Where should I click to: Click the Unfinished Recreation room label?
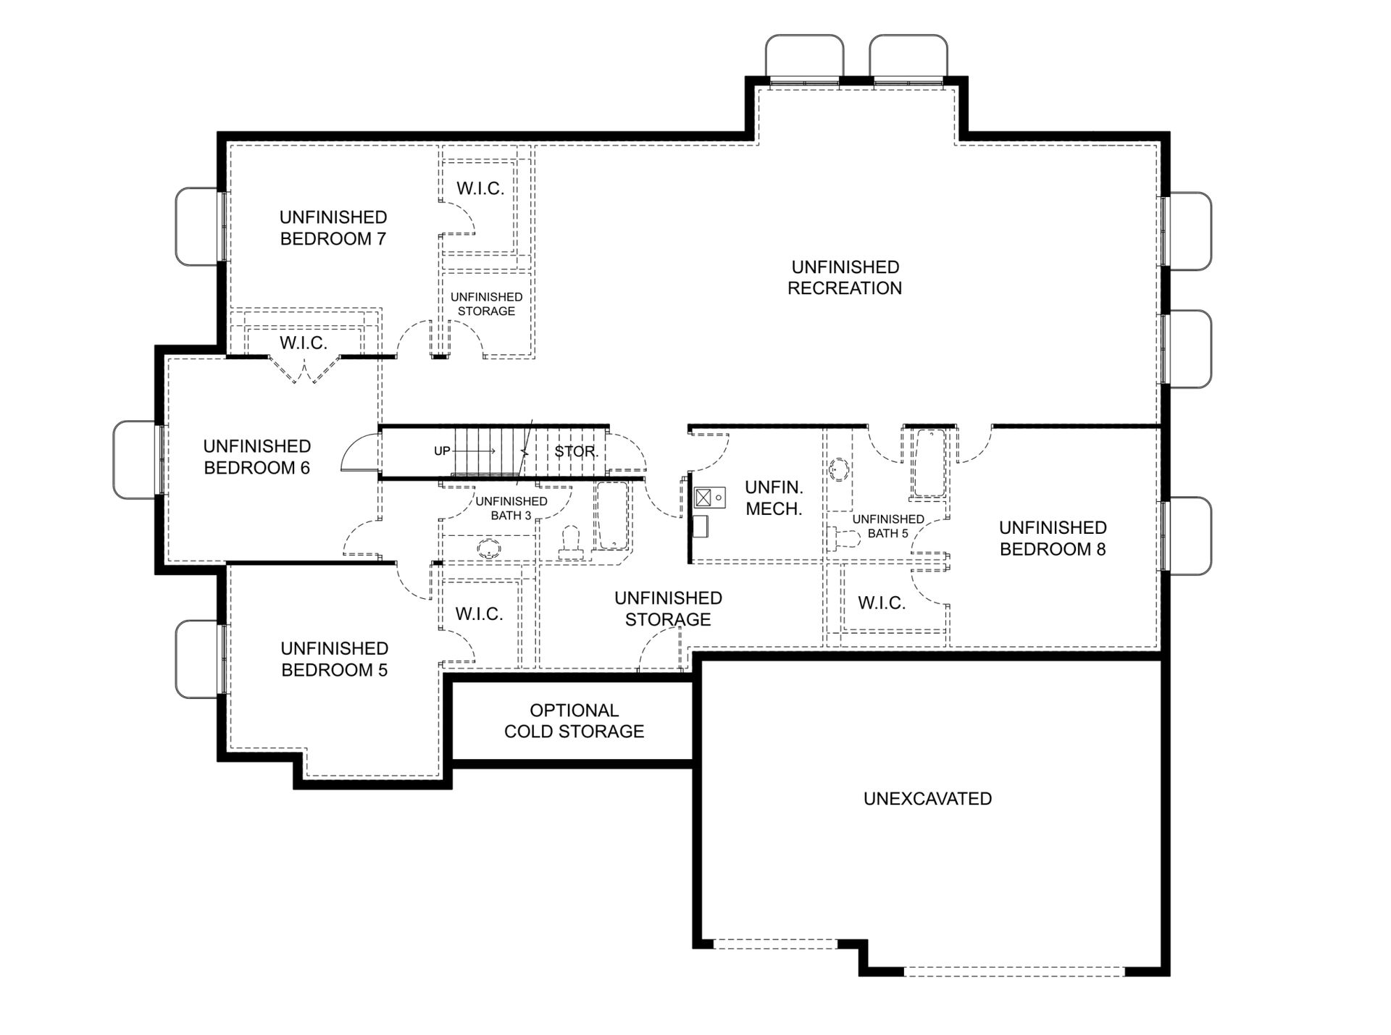tap(845, 277)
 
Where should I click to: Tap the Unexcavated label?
tap(927, 798)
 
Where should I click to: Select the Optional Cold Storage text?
tap(574, 721)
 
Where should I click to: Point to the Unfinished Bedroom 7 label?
tap(333, 227)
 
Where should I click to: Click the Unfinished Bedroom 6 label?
tap(256, 456)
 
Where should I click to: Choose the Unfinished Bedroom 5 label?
tap(334, 658)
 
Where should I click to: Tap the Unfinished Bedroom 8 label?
tap(1053, 538)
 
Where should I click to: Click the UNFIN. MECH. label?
tap(774, 498)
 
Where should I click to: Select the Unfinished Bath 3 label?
tap(511, 508)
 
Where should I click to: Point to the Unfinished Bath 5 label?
tap(888, 526)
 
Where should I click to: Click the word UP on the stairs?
tap(442, 451)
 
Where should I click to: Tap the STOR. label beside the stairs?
tap(576, 451)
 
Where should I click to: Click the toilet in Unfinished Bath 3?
tap(572, 542)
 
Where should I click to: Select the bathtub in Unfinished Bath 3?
tap(611, 516)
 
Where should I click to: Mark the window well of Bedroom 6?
tap(135, 459)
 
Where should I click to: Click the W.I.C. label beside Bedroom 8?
tap(882, 603)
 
